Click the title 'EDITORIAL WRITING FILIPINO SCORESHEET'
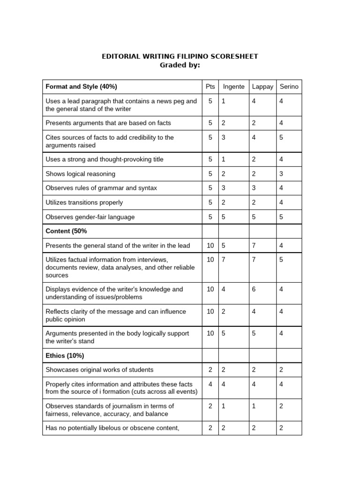point(180,56)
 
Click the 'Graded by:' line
point(180,65)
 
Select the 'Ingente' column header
point(233,87)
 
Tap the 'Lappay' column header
point(262,87)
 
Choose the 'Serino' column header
point(289,87)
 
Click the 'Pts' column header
point(210,87)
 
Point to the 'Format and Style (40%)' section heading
point(81,87)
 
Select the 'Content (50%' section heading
point(66,231)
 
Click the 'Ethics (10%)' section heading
point(65,355)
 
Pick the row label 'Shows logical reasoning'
point(80,174)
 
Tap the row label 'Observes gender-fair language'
point(90,217)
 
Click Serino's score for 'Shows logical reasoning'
point(281,174)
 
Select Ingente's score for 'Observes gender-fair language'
point(224,217)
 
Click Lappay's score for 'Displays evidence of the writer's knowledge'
point(254,289)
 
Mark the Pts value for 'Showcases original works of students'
point(210,370)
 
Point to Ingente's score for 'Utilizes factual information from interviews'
point(224,259)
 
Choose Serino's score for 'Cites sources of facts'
point(281,137)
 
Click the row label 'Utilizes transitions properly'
point(84,202)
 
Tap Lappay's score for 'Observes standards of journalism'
point(254,406)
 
